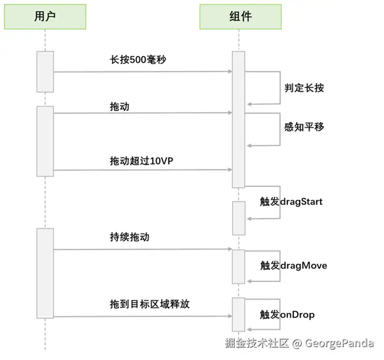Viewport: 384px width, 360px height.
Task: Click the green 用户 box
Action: coord(45,16)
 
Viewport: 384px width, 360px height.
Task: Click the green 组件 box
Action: coord(239,16)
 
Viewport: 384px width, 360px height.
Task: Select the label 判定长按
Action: coord(304,88)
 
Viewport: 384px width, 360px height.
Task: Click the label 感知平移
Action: coord(304,127)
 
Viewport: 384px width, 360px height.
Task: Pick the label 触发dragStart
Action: coord(292,202)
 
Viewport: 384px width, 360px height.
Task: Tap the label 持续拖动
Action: coord(129,237)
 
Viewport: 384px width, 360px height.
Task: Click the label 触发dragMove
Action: coord(293,266)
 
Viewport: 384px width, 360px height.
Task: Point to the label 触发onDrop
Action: coord(287,315)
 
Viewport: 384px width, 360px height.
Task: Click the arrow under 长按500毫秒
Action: coord(142,72)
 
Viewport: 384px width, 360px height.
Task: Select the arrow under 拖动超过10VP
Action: coord(142,170)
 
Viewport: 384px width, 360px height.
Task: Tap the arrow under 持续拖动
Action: coord(142,250)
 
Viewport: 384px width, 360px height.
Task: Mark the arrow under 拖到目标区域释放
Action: coord(142,317)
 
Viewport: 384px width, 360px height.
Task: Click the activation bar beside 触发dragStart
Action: coord(239,217)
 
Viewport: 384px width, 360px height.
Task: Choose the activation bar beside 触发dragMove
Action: coord(239,266)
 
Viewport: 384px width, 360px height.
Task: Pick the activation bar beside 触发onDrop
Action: coord(239,314)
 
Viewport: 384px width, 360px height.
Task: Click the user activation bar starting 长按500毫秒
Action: coord(45,72)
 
